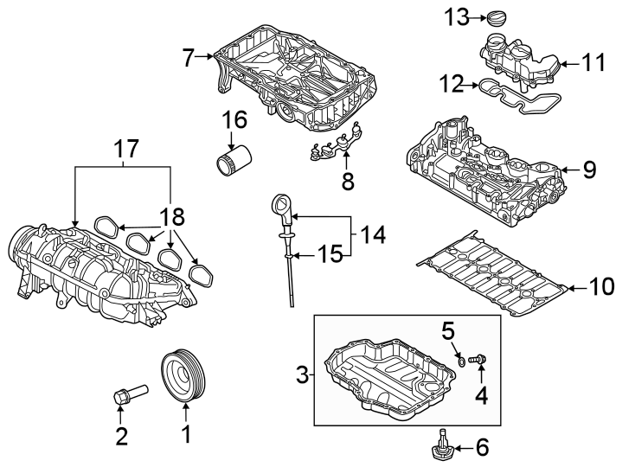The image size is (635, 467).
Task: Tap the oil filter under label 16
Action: pos(233,161)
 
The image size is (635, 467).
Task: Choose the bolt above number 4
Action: pos(478,358)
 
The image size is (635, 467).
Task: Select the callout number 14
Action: pos(372,233)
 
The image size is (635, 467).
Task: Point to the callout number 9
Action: pos(589,170)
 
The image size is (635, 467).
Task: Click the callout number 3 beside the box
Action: pos(302,374)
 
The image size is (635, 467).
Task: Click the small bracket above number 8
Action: pos(337,142)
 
